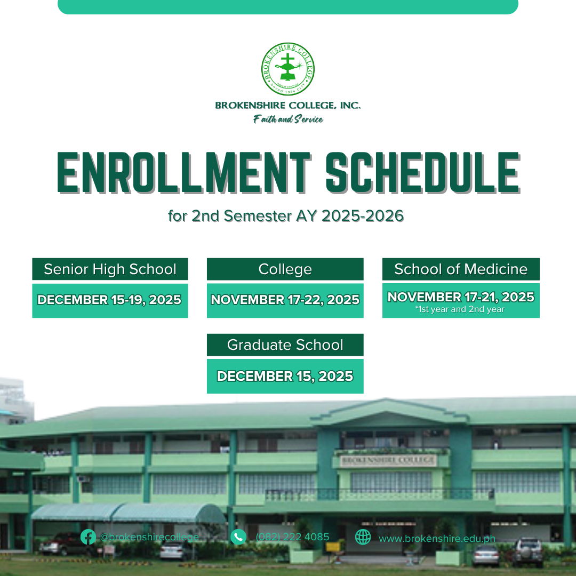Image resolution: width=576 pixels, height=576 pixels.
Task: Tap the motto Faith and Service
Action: tap(288, 119)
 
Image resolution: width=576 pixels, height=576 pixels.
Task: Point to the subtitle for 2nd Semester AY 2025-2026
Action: tap(285, 216)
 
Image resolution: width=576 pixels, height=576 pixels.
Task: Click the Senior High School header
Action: tap(110, 269)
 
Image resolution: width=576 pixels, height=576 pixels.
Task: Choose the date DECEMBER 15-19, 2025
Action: tap(110, 300)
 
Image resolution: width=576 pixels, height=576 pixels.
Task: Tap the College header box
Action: tap(285, 269)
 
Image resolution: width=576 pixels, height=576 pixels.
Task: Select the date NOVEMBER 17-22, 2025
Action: tap(285, 300)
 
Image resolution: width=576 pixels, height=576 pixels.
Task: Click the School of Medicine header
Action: tap(461, 269)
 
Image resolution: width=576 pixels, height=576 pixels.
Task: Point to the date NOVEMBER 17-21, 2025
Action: tap(461, 297)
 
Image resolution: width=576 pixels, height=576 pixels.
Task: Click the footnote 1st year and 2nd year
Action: tap(460, 309)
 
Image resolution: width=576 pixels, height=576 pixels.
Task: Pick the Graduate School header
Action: tap(285, 345)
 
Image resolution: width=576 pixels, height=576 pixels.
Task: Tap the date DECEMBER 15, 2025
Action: tap(285, 376)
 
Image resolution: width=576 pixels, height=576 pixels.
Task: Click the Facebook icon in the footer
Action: tap(88, 537)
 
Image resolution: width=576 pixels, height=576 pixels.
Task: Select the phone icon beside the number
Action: tap(238, 537)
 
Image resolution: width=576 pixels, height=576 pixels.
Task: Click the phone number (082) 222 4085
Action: tap(292, 537)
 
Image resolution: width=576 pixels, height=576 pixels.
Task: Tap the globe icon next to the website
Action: tap(363, 537)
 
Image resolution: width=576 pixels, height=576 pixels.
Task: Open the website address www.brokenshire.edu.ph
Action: tap(437, 539)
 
